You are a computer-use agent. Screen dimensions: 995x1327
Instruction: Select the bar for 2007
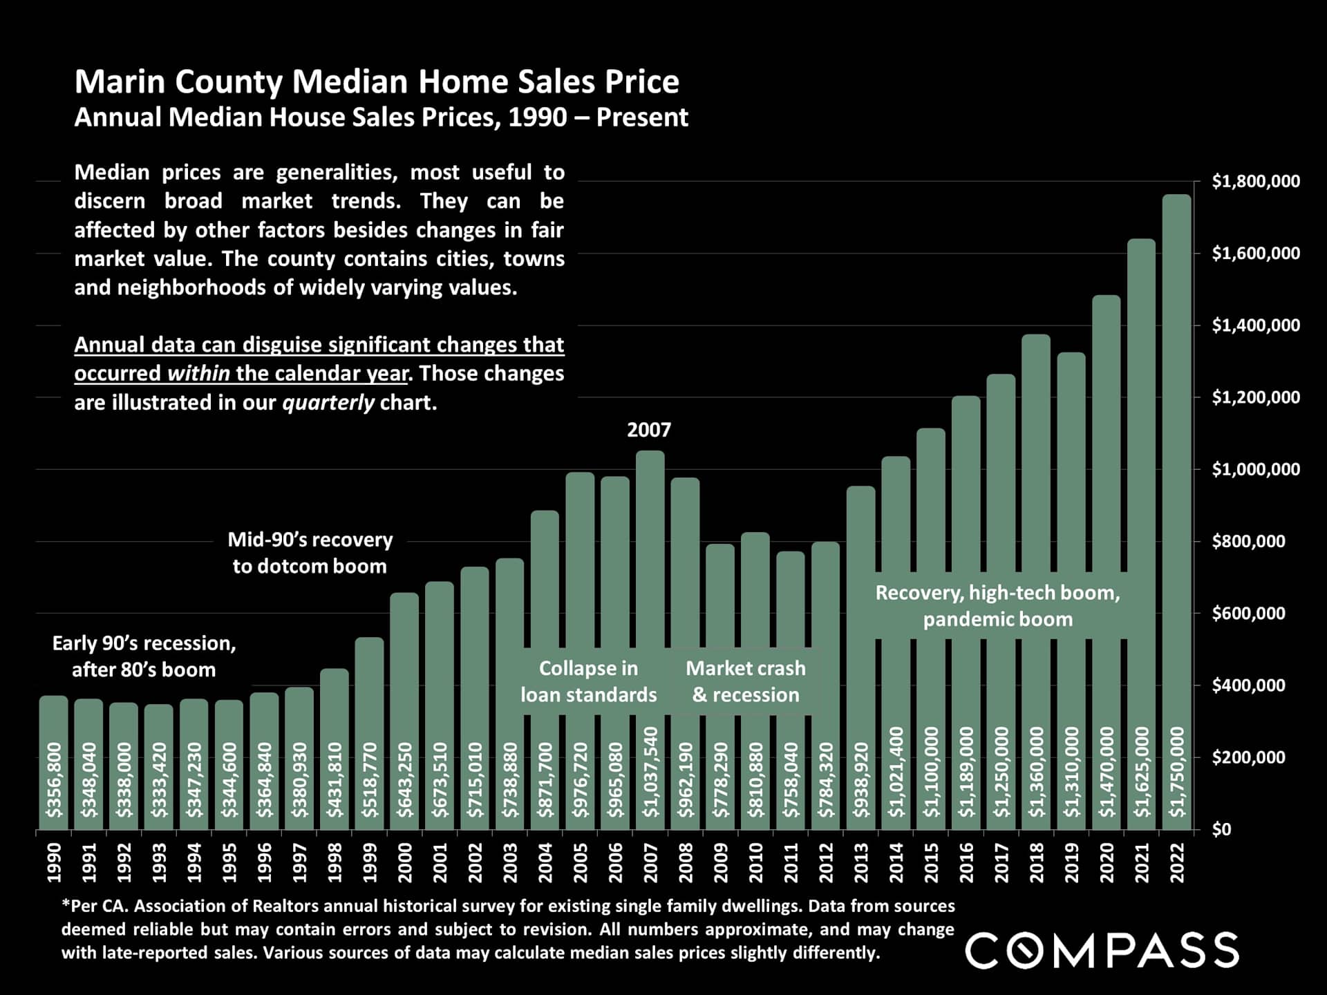(650, 587)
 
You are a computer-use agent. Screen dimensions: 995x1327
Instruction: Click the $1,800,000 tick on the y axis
(1255, 182)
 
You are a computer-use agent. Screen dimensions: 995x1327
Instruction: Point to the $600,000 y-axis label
(1248, 614)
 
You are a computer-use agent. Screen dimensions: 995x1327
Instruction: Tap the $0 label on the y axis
(1221, 829)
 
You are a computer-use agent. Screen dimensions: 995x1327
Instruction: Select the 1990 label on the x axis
(54, 862)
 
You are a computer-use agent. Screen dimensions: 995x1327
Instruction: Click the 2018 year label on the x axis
(1036, 862)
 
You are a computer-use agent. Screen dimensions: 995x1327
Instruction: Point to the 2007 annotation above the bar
(648, 430)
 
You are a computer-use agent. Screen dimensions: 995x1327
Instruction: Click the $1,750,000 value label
(1177, 771)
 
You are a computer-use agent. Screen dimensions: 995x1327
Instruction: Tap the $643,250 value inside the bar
(405, 779)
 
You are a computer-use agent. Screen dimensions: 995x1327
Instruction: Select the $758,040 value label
(791, 779)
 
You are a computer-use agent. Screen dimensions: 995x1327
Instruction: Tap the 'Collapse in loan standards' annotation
(588, 681)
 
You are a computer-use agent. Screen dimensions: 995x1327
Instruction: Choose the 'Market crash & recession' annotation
(745, 681)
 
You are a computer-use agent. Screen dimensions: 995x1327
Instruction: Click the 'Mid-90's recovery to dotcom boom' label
(310, 553)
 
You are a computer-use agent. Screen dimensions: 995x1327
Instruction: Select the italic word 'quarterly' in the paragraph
(328, 402)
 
